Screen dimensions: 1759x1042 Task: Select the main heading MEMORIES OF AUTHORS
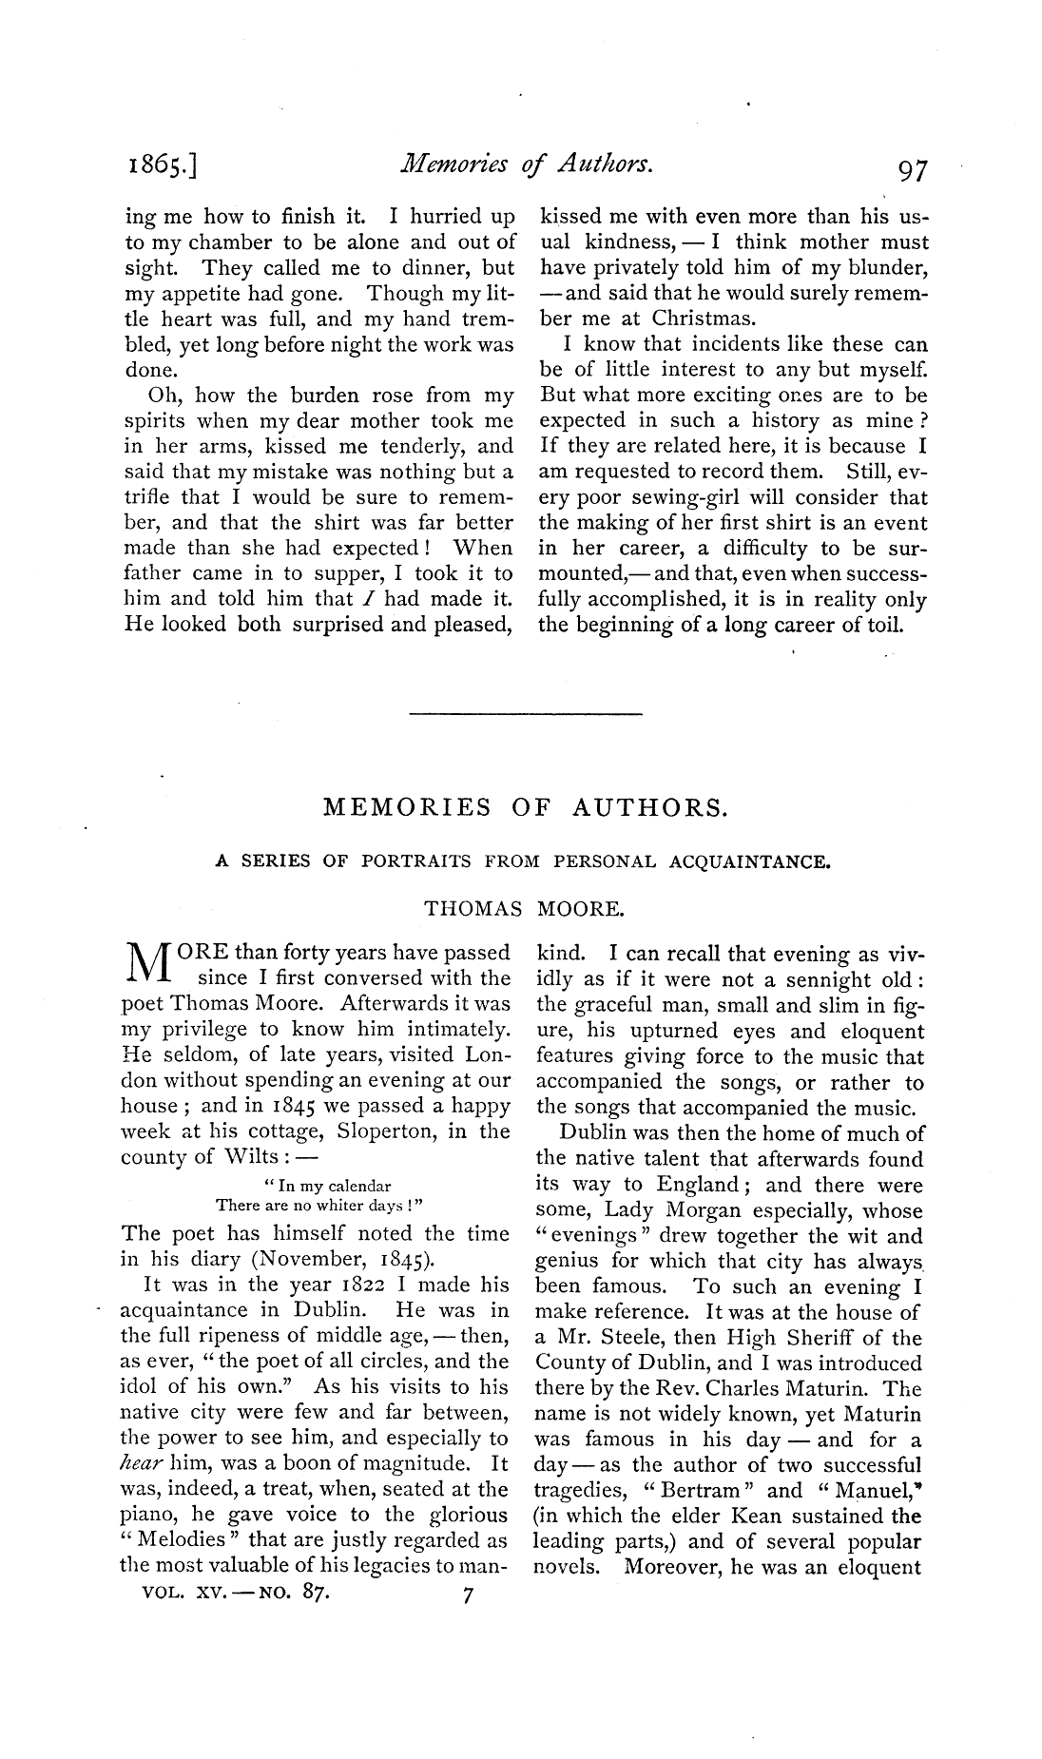click(x=526, y=808)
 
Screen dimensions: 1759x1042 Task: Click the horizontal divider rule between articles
click(x=525, y=712)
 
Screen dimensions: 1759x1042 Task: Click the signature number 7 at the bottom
click(x=467, y=1598)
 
